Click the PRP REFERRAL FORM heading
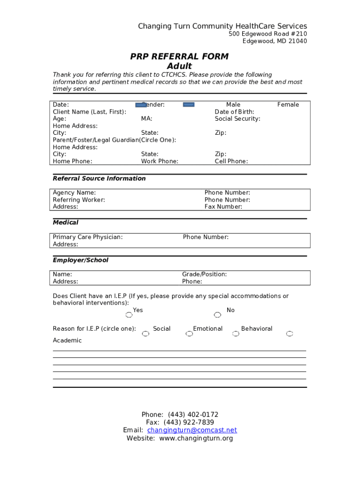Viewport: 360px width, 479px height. point(179,57)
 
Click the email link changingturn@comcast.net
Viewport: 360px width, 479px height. point(192,430)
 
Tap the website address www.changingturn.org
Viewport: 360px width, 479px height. point(196,439)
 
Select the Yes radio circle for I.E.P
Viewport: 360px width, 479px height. point(129,315)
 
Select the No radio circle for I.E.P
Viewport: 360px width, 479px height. point(217,315)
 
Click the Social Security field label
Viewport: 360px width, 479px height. point(238,119)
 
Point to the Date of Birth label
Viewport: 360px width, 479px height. point(234,112)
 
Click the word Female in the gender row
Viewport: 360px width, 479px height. point(288,105)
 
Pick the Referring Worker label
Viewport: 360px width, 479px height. point(79,200)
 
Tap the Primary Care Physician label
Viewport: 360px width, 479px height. point(87,237)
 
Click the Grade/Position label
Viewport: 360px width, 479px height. point(204,275)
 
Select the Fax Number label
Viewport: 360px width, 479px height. point(223,207)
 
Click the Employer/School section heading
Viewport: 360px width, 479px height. point(80,260)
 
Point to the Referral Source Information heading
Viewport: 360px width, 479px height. point(99,179)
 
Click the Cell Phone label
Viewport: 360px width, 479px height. point(231,161)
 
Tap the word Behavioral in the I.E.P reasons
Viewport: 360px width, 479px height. point(257,329)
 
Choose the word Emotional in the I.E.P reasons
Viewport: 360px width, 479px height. point(208,329)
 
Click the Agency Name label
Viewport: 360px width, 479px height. point(74,193)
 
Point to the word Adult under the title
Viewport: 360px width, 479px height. point(179,66)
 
